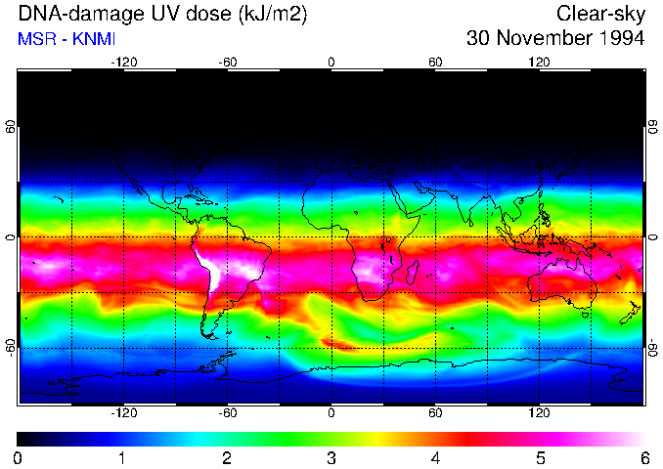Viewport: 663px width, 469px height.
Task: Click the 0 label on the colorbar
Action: point(19,457)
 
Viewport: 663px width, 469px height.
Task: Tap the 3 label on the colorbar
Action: point(331,457)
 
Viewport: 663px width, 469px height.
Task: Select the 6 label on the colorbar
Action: point(644,457)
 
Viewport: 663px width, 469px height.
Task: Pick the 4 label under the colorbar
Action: point(436,457)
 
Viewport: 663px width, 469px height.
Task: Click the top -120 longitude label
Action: point(123,62)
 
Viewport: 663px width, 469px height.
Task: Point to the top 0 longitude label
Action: point(331,62)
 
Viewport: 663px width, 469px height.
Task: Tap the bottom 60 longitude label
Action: point(436,413)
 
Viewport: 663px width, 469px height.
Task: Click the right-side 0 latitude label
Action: point(652,237)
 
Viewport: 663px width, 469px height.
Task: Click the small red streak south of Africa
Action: point(341,343)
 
